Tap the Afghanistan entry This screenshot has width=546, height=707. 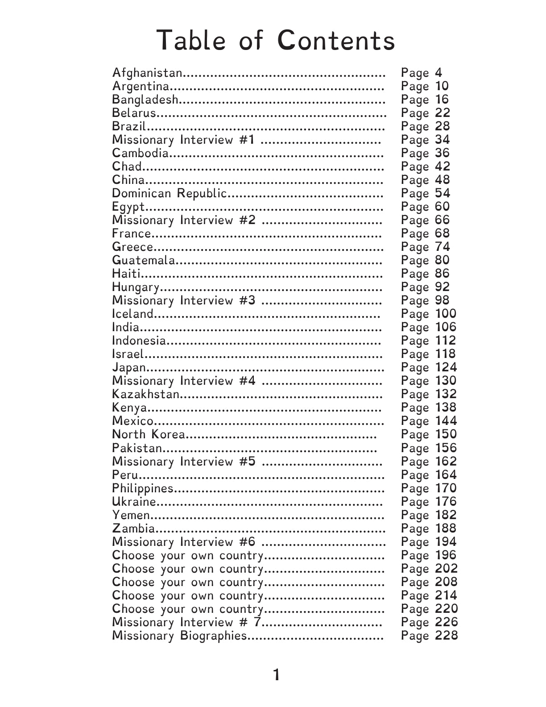[147, 73]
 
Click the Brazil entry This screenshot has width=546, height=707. [129, 126]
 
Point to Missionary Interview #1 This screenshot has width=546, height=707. [183, 140]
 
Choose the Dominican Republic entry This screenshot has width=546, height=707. [170, 193]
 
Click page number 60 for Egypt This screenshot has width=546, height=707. [443, 207]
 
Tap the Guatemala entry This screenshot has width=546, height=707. [143, 260]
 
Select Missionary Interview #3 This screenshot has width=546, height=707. [183, 300]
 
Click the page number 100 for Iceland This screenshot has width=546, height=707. [446, 314]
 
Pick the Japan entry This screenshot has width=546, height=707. [129, 367]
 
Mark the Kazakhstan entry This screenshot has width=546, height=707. [146, 394]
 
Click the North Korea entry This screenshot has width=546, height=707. [148, 434]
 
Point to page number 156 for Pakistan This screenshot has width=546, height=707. [446, 448]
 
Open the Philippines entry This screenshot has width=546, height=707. [142, 488]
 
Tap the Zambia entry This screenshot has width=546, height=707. [133, 528]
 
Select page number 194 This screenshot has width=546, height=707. [446, 542]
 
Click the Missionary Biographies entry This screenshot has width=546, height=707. [179, 636]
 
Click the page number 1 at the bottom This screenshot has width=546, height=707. [277, 675]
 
